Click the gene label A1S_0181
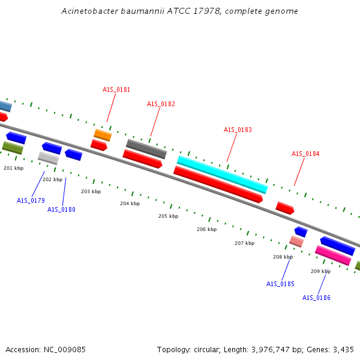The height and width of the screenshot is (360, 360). coord(116,89)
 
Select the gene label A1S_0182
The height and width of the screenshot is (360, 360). coord(161,104)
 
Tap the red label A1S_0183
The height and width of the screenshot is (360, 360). coord(238,130)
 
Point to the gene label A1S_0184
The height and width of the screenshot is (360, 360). coord(305,154)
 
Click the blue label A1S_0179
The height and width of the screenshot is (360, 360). coord(31,200)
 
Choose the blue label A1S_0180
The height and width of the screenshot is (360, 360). coord(61,209)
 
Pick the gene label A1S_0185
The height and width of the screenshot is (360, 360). coord(280,284)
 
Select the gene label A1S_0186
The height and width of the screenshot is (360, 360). coord(316,298)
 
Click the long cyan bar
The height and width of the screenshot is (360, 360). coord(222,174)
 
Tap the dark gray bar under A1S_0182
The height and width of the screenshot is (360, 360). coord(146,149)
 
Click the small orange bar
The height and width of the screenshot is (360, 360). coord(103,135)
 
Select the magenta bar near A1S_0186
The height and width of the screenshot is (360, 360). coord(333,256)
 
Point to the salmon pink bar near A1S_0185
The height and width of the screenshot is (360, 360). coord(296,241)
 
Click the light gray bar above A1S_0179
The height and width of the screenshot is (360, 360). coord(48,158)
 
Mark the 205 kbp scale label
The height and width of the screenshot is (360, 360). coord(168,216)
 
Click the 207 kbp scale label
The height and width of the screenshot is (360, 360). coord(244,243)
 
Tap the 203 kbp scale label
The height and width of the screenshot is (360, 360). coord(91,191)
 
